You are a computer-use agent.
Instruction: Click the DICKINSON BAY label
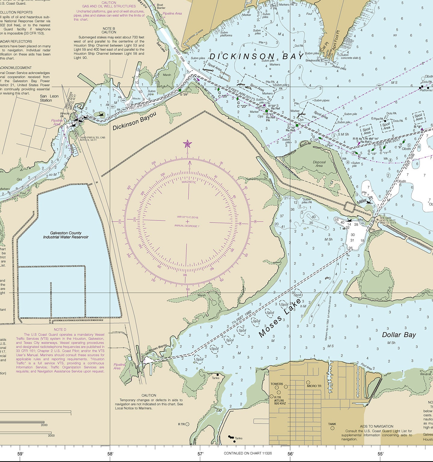256,57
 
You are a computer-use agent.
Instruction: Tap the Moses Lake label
279,318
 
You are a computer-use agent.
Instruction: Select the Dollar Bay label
399,335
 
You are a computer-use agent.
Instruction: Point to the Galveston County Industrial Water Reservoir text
66,235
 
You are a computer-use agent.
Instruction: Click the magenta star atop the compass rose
187,144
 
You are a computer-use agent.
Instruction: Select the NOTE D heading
60,330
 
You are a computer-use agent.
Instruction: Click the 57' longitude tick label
201,454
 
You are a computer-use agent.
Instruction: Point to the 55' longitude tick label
380,454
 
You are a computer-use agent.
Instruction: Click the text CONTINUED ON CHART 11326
248,453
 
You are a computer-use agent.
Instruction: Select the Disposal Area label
319,164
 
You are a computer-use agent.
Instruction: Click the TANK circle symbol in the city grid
332,428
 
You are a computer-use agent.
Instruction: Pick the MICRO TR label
314,386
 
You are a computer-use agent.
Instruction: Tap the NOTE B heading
109,29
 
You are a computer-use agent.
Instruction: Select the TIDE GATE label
385,218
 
